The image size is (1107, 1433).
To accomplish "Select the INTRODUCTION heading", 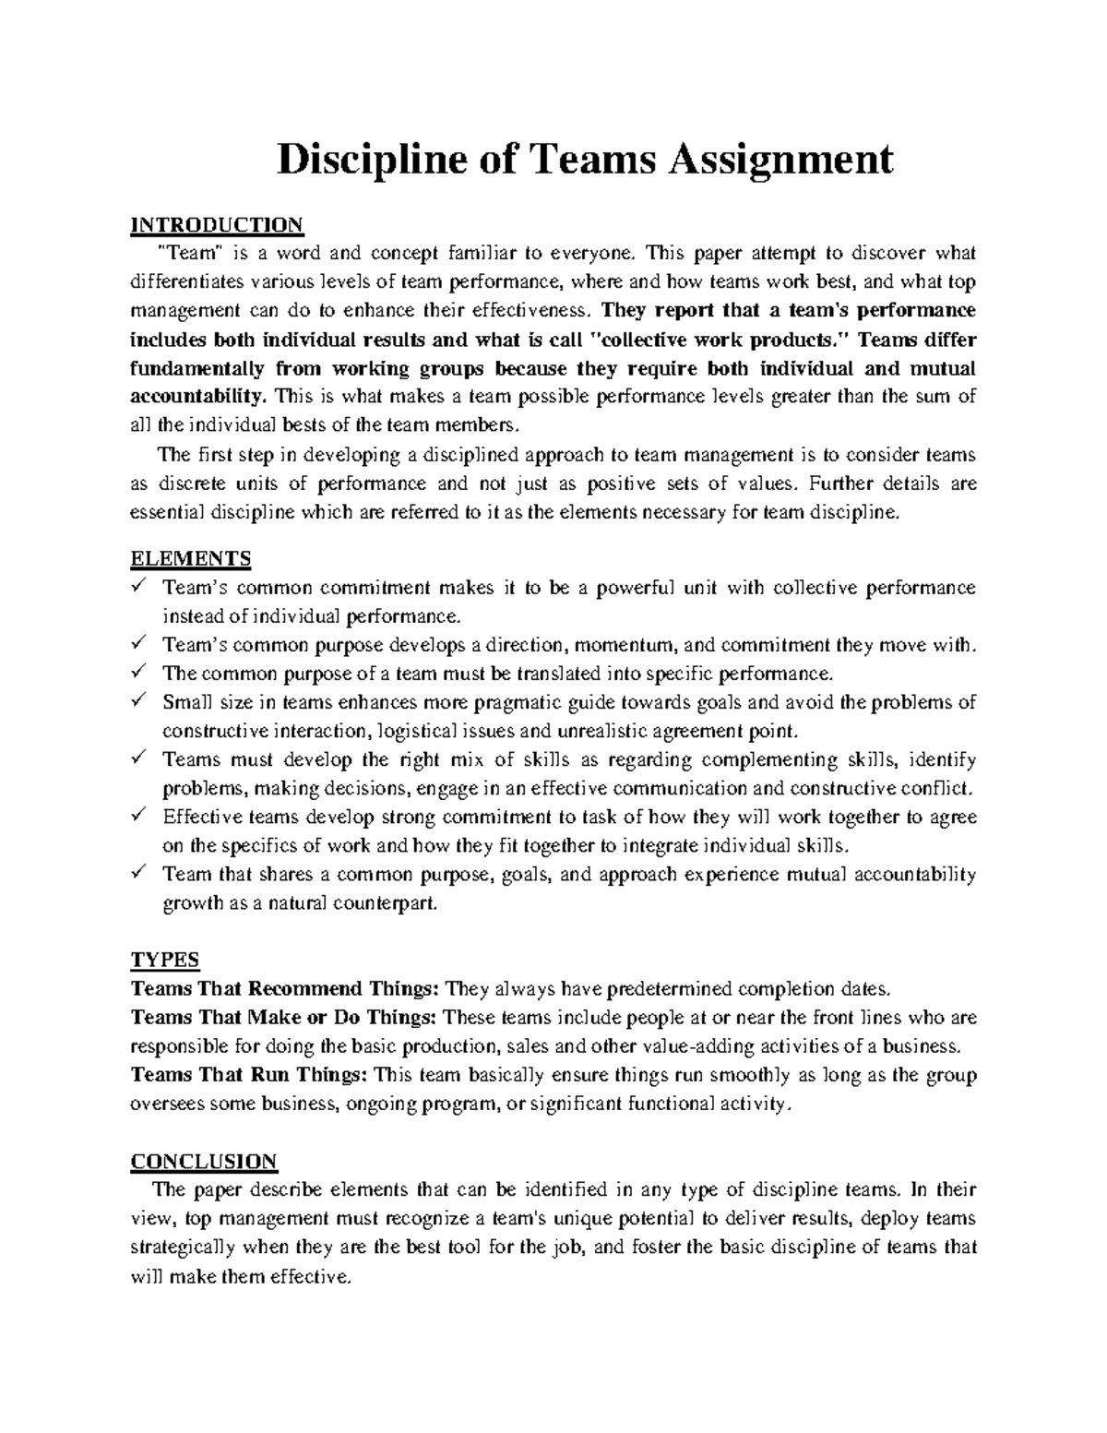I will (217, 224).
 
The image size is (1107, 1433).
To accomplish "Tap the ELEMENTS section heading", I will (191, 558).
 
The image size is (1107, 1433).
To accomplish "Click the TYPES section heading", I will (165, 959).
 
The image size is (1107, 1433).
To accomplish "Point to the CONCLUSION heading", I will (204, 1160).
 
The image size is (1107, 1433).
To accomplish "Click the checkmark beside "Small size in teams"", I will (138, 701).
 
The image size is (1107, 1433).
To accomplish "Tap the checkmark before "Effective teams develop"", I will (138, 816).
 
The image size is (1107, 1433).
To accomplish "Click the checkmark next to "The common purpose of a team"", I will (138, 672).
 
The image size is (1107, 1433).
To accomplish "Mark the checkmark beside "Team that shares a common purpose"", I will (138, 873).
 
